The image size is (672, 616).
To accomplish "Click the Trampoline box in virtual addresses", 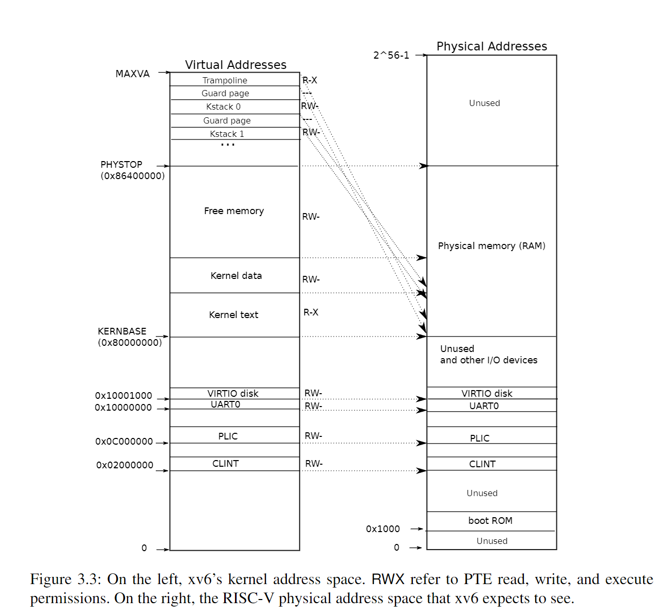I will click(225, 80).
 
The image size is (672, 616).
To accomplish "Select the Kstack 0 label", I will click(223, 107).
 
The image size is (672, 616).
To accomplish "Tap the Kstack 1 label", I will click(227, 134).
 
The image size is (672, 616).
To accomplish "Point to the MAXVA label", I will click(132, 74).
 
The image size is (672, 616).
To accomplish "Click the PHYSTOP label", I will click(121, 165).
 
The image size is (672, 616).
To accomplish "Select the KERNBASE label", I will click(122, 331).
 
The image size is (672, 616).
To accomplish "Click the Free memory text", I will click(234, 211).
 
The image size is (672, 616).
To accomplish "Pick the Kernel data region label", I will click(236, 276).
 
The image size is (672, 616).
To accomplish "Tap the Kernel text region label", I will click(233, 315).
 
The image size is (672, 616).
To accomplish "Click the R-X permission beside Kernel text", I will click(311, 312).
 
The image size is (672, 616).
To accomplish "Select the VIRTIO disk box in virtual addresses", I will click(233, 393).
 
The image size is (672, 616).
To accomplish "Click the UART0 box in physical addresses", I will click(484, 406).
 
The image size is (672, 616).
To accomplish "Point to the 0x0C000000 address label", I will click(124, 442).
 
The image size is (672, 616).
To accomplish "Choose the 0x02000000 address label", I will click(124, 465).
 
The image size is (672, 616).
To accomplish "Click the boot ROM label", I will click(490, 521).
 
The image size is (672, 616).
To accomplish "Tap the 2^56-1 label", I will click(391, 55).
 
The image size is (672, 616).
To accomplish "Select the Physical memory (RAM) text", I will click(492, 246).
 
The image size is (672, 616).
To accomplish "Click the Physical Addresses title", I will click(492, 46).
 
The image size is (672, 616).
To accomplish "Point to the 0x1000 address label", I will click(383, 529).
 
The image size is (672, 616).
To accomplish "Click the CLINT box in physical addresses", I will click(482, 464).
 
